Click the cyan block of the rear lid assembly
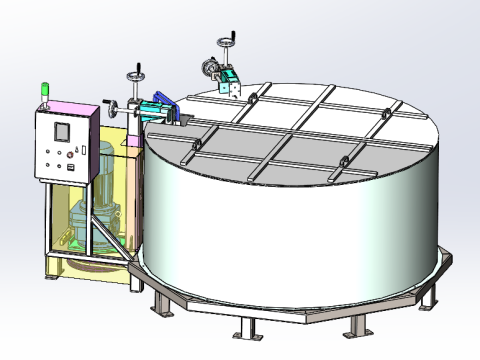[231, 80]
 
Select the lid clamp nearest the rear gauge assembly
[252, 96]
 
